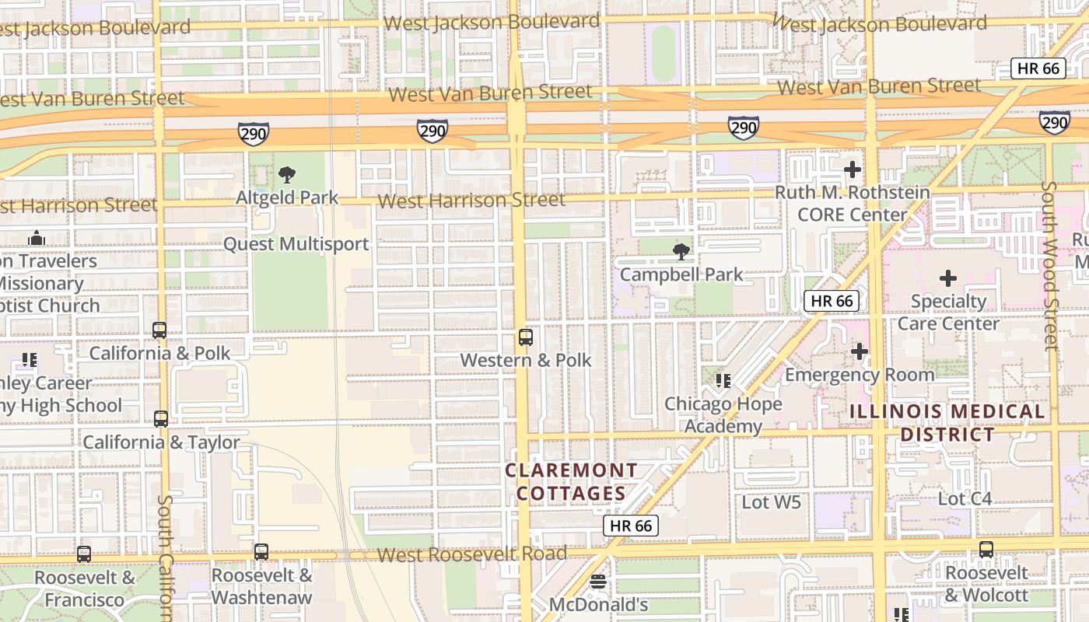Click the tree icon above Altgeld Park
tap(287, 174)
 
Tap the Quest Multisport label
tap(296, 244)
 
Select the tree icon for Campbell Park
tap(681, 251)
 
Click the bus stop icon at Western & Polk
tap(526, 337)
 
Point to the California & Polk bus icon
tap(159, 330)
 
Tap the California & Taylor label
tap(161, 442)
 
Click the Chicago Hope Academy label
tap(723, 415)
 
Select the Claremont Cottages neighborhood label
tap(572, 482)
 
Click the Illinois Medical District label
tap(947, 422)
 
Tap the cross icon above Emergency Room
tap(860, 352)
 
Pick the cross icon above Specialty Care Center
tap(948, 278)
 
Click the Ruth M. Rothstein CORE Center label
tap(853, 204)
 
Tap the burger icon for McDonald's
tap(598, 582)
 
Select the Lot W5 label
tap(771, 502)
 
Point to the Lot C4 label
tap(965, 499)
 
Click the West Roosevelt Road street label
tap(472, 554)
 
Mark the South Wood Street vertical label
tap(1051, 264)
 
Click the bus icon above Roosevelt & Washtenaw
tap(261, 552)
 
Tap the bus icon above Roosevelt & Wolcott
tap(986, 550)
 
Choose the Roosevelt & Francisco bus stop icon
tap(84, 554)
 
